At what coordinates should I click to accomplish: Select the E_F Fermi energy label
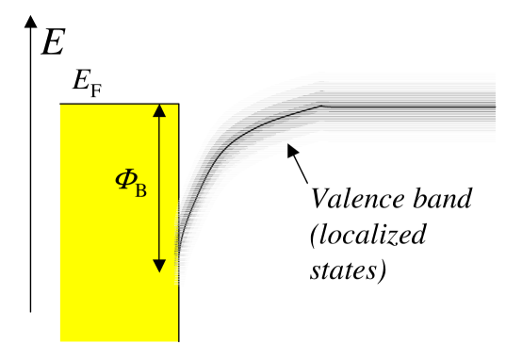tap(87, 86)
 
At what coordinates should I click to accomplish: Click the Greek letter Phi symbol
tap(123, 178)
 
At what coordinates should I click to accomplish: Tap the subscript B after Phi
tap(140, 183)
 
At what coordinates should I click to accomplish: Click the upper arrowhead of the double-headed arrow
tap(159, 110)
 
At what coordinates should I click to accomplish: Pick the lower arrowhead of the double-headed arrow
tap(159, 264)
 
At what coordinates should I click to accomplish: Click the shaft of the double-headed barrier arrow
tap(159, 188)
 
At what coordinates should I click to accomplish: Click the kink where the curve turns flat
tap(323, 106)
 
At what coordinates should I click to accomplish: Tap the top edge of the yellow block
tap(118, 103)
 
